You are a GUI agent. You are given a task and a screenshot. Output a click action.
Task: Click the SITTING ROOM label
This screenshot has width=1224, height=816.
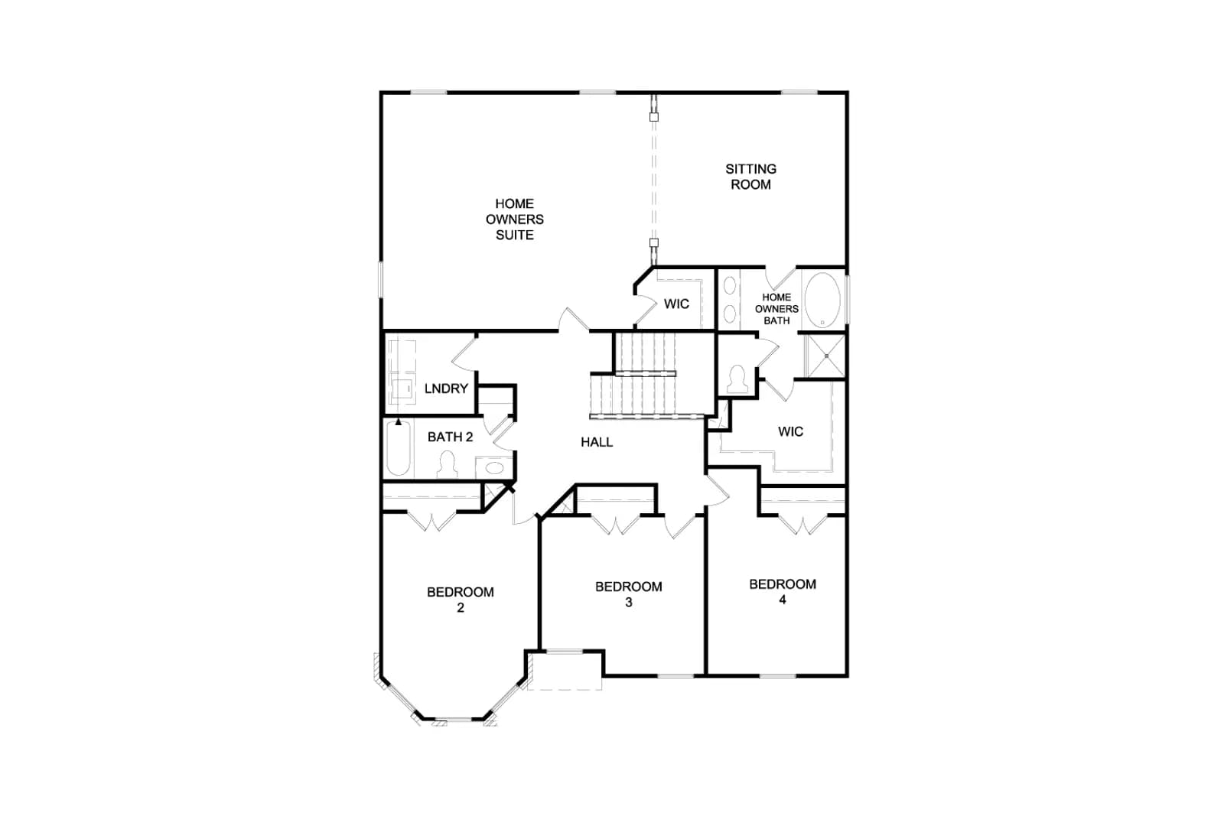point(750,177)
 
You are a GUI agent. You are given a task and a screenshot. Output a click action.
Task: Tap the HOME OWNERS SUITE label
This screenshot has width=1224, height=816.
point(515,219)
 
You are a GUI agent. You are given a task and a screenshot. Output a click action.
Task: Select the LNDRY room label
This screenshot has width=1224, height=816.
point(447,388)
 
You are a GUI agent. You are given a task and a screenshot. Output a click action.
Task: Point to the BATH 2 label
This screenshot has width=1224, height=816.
point(451,437)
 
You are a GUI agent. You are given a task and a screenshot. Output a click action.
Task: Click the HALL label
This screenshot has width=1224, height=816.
point(597,442)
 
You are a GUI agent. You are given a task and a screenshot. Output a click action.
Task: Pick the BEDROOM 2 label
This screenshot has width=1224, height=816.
point(461,599)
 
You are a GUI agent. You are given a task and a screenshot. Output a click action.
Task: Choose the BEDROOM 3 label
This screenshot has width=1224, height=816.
point(629,594)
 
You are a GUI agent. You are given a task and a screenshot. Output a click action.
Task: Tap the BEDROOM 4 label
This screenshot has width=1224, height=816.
point(783,591)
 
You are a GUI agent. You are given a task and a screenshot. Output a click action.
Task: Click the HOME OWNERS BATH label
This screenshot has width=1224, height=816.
point(776,309)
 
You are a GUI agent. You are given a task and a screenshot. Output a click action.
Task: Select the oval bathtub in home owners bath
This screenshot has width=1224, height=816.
point(822,301)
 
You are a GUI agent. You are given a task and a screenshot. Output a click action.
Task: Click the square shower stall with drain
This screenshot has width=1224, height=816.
point(826,356)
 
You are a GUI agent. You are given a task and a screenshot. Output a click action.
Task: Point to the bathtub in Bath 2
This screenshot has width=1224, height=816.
point(398,448)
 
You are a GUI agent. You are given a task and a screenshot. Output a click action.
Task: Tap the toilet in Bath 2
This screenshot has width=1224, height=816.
point(448,465)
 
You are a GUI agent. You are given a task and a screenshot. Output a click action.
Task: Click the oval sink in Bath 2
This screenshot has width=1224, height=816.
point(494,467)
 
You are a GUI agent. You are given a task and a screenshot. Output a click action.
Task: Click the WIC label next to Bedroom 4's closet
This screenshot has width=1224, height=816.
point(791,431)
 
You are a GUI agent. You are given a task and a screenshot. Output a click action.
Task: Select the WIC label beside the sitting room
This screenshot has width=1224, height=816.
point(676,304)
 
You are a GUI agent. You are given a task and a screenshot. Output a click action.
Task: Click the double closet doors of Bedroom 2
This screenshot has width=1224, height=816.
point(431,522)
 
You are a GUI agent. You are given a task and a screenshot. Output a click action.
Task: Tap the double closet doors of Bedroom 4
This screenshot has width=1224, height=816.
point(802,525)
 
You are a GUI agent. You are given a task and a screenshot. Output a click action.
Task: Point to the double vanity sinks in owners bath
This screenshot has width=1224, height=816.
point(730,300)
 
